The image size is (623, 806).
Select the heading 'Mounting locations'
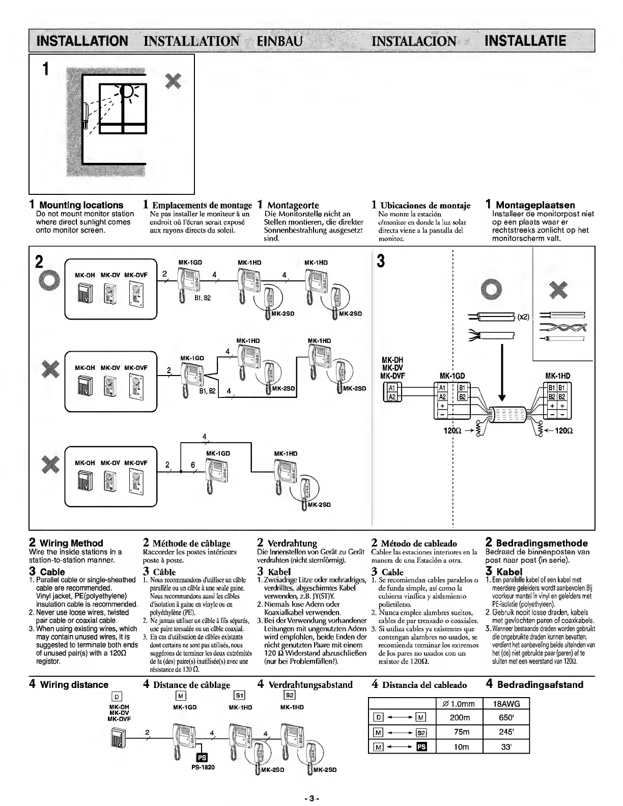click(81, 205)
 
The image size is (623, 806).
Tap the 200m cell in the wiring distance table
click(460, 718)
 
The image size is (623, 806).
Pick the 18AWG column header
click(506, 704)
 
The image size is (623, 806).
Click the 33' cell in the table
click(506, 746)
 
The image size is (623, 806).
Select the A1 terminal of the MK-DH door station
click(392, 387)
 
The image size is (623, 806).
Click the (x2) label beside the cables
click(523, 318)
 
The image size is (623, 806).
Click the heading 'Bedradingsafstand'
click(540, 684)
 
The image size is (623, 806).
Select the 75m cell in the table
click(460, 732)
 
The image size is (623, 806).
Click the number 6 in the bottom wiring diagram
click(193, 465)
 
